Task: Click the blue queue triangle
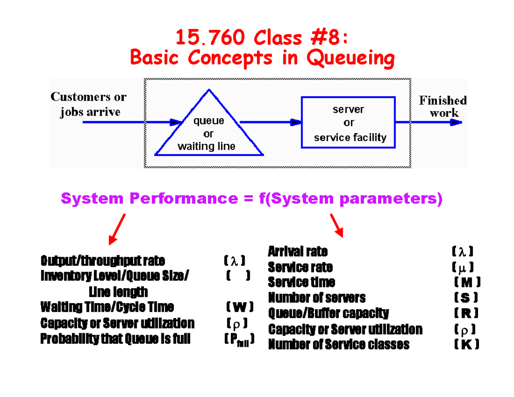pos(209,128)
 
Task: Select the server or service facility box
pos(348,123)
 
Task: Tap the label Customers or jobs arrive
pos(89,104)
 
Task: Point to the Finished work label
pos(442,107)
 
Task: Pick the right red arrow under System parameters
pos(337,225)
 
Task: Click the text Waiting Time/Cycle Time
pos(107,307)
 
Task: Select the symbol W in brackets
pos(239,307)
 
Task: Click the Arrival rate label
pos(298,251)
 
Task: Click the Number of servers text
pos(317,297)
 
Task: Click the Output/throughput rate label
pos(103,261)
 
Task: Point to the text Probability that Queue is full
pos(115,339)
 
